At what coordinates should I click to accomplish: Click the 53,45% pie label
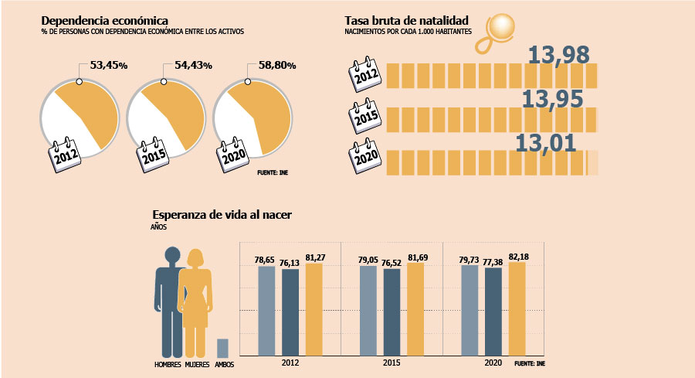pos(109,65)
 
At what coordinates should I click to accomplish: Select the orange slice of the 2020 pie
pos(266,115)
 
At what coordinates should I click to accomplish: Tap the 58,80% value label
pos(277,65)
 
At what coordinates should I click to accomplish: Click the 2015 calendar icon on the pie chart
pos(153,155)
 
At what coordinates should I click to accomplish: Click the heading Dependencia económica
pos(104,21)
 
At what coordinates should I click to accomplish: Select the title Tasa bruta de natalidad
pos(406,21)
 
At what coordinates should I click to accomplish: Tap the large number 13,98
pos(558,55)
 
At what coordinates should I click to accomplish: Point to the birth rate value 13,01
pos(546,143)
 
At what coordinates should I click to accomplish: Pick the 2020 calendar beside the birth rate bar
pos(365,155)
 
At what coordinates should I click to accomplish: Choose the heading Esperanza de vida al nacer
pos(222,215)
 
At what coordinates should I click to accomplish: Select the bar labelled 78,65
pos(266,311)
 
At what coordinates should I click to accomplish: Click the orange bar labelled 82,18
pos(517,308)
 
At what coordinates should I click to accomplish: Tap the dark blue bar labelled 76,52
pos(392,312)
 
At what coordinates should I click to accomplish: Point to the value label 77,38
pos(493,262)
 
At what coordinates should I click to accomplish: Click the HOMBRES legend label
pos(168,365)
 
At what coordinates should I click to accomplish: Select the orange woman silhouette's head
pos(195,257)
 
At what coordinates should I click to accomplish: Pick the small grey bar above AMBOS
pos(222,349)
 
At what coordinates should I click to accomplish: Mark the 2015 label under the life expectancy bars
pos(392,363)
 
